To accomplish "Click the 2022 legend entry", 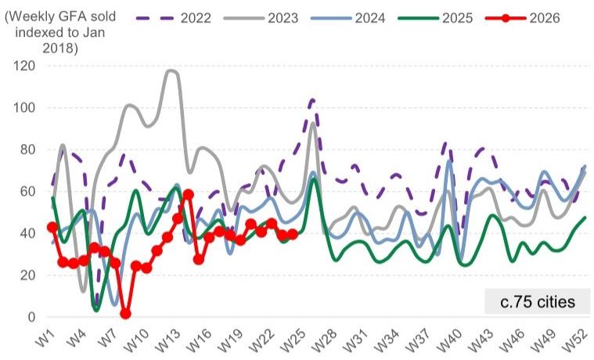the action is tap(174, 18).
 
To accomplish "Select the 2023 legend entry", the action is tap(261, 18).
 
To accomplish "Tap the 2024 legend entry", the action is tap(348, 18).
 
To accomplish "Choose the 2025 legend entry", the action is tap(435, 18).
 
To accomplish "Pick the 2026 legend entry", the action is tap(523, 18).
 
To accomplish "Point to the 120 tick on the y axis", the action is tap(24, 66).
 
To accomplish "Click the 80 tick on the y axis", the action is tap(27, 149).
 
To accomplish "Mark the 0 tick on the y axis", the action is tap(31, 317).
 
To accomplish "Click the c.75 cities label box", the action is tap(538, 301).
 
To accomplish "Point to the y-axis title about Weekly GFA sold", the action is tap(59, 32).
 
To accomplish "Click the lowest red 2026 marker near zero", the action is tap(126, 313).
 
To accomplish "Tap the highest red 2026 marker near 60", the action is tap(189, 195).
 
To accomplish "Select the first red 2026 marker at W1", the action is tap(52, 228).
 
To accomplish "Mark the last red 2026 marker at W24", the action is tap(293, 235).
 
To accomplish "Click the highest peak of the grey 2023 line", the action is tap(171, 70).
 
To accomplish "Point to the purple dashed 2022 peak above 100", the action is tap(312, 100).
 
